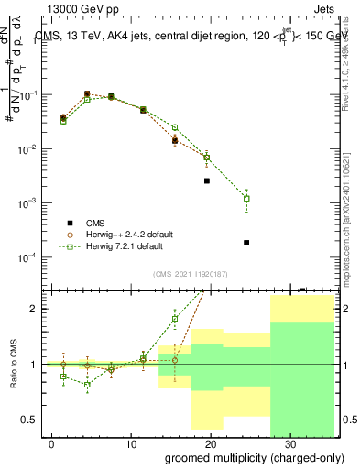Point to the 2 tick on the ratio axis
[x=35, y=309]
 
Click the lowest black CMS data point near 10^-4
[x=246, y=243]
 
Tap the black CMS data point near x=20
[x=207, y=180]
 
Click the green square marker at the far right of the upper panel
[x=246, y=199]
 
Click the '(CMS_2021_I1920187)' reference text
[x=191, y=273]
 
